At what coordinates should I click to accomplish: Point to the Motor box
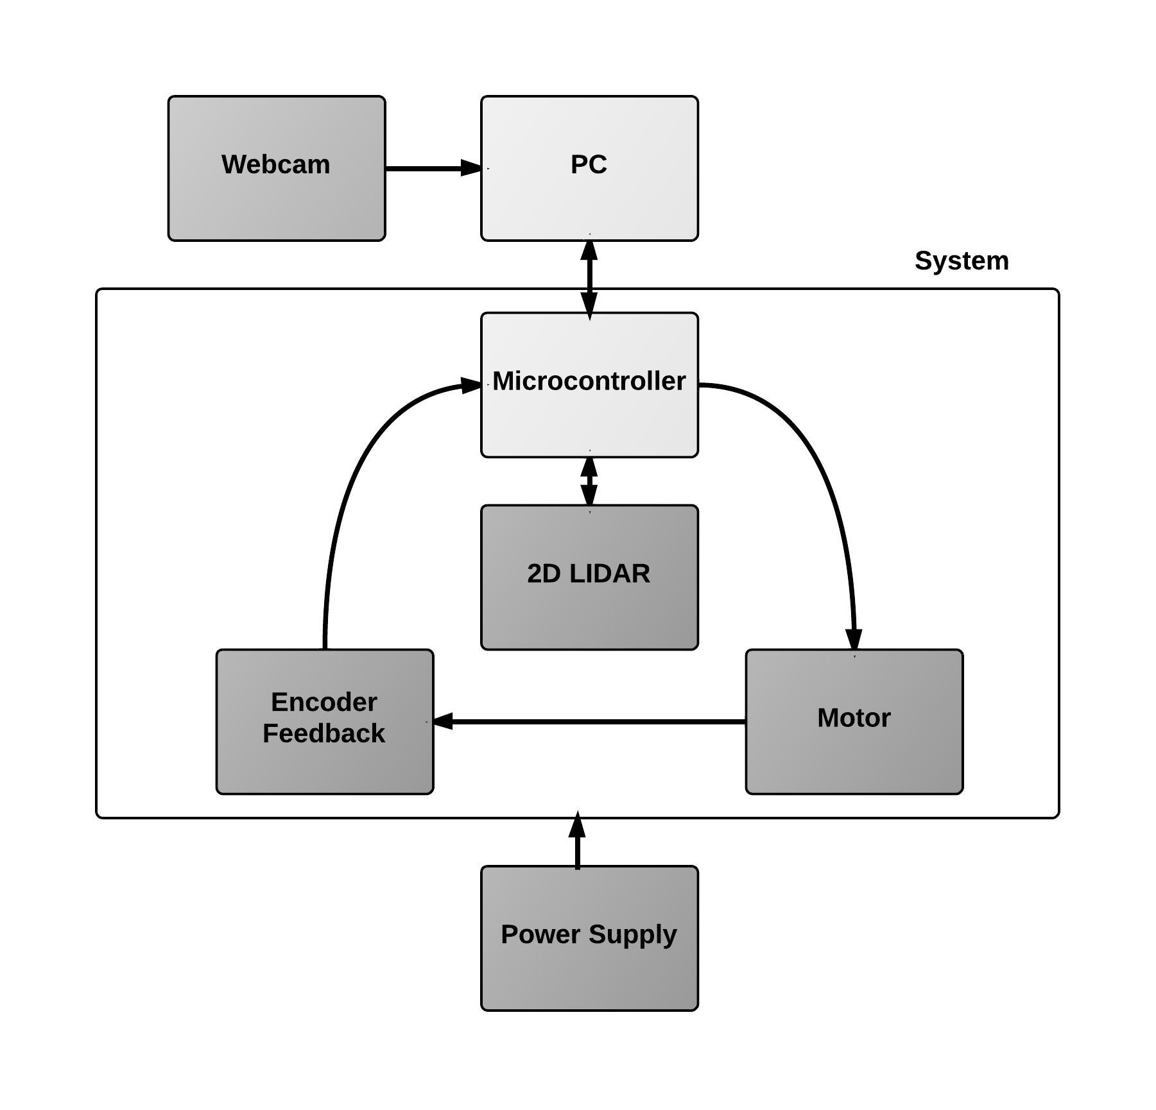(854, 757)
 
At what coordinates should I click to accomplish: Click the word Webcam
(276, 165)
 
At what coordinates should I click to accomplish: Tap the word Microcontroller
(589, 381)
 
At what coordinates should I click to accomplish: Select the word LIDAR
(610, 574)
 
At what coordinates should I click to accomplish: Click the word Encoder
(324, 702)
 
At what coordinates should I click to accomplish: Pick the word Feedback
(324, 733)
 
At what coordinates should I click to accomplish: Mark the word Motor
(854, 718)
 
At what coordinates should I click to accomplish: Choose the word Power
(541, 934)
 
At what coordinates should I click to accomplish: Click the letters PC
(589, 165)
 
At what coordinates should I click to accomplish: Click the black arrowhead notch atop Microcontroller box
(590, 317)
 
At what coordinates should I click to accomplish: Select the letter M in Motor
(829, 718)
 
